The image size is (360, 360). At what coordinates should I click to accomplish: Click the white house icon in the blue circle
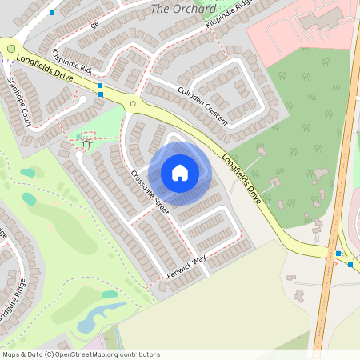click(x=180, y=173)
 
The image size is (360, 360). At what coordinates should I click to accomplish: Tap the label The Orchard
click(x=183, y=10)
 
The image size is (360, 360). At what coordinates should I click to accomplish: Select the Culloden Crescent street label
click(x=202, y=106)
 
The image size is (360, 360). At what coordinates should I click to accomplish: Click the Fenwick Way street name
click(x=186, y=267)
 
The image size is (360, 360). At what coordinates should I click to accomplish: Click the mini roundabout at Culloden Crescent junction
click(x=134, y=103)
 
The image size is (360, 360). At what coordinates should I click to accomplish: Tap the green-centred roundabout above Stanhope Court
click(x=10, y=49)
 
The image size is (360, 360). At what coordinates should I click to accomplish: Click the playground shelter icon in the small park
click(x=86, y=144)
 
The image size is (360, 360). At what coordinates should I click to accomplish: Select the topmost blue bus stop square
click(x=52, y=13)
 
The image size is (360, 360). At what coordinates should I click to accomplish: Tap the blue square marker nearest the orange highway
click(x=338, y=254)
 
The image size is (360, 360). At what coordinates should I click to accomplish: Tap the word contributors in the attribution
click(x=141, y=354)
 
